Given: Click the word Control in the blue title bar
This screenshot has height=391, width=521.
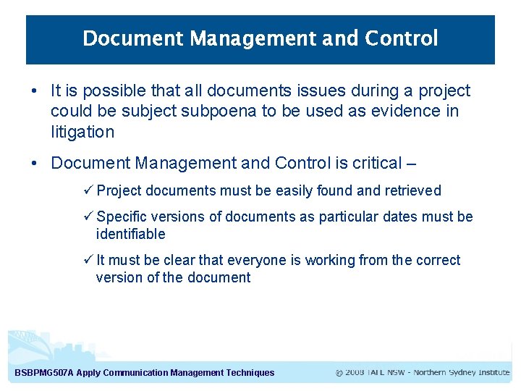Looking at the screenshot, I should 402,38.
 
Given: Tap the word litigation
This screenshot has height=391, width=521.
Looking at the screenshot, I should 82,132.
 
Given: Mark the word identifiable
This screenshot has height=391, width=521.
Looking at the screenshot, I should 130,234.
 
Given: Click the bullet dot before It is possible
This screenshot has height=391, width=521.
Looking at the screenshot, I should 35,91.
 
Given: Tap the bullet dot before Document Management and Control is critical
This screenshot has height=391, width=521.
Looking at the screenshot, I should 35,164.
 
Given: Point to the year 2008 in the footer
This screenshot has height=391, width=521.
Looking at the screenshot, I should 355,372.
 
